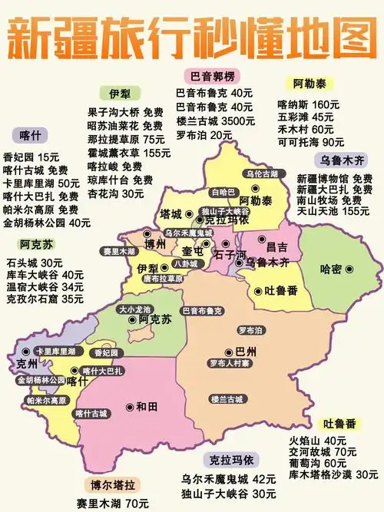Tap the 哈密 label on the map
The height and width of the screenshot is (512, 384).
point(332,269)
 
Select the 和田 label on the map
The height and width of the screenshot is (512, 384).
point(146,406)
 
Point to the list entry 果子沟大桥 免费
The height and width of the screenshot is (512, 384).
point(125,112)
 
